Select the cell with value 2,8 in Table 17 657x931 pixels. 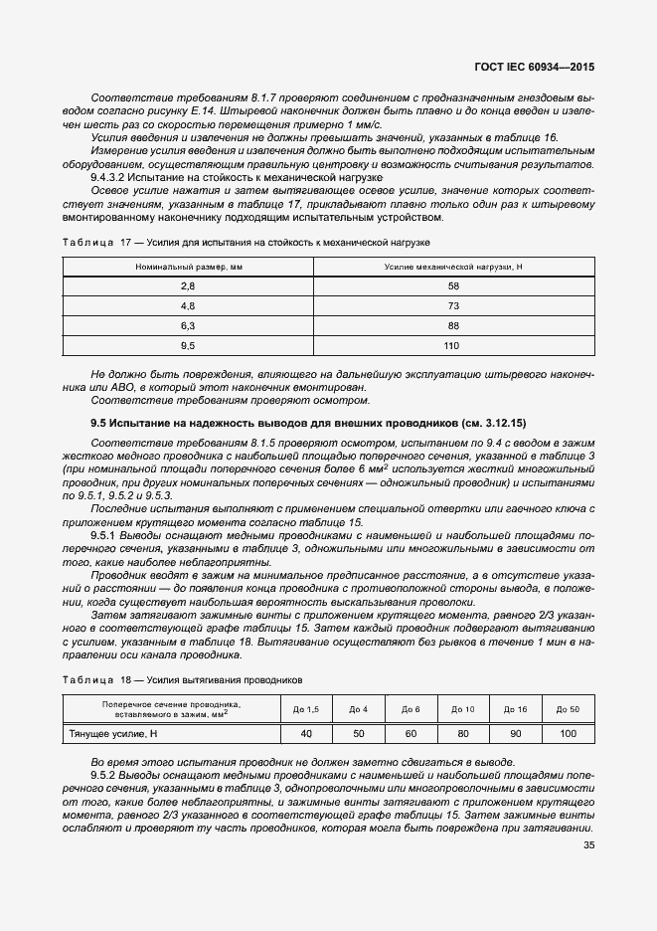(x=188, y=285)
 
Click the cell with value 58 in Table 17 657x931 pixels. (x=452, y=285)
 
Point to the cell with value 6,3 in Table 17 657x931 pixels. (x=188, y=325)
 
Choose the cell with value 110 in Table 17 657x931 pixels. (x=452, y=345)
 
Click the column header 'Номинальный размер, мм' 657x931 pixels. (x=188, y=267)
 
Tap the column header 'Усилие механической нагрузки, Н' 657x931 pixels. (x=452, y=267)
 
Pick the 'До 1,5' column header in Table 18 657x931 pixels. (x=306, y=709)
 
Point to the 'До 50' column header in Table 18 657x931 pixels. (x=568, y=709)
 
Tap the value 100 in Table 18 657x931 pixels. (x=568, y=734)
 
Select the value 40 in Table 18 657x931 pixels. (x=306, y=734)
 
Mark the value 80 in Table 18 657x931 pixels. (x=462, y=734)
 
